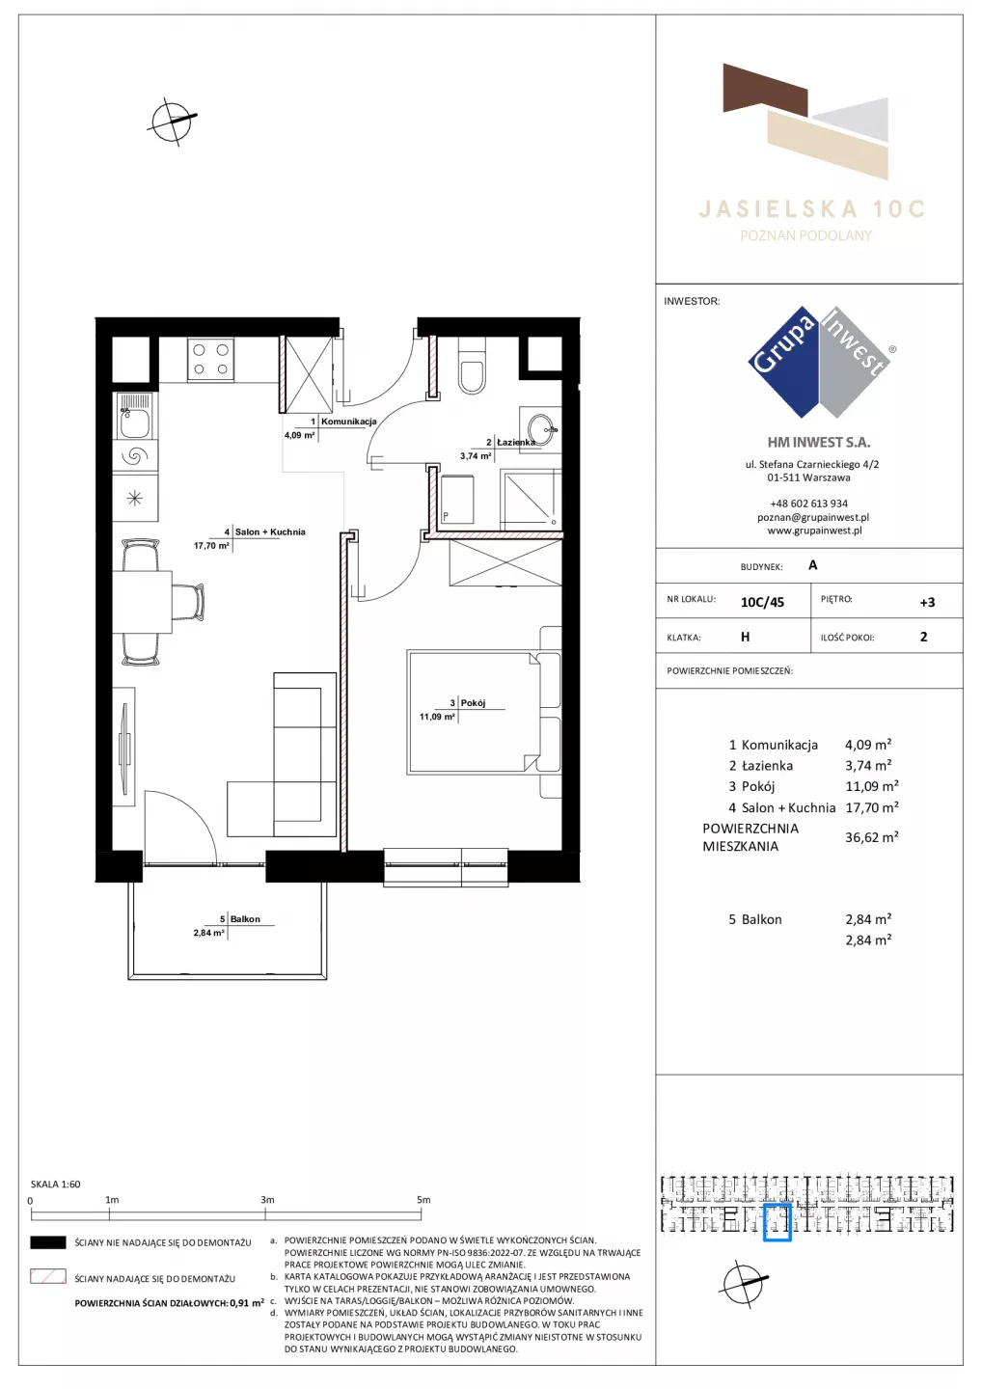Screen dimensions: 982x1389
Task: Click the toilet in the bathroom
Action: [473, 368]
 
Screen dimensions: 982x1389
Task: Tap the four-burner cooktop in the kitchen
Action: [211, 360]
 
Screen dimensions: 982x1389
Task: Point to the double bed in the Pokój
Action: [483, 712]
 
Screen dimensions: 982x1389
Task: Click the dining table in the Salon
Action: [142, 602]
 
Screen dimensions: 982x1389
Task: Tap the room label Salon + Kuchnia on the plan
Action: [270, 532]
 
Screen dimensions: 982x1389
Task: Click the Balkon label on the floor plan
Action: [245, 919]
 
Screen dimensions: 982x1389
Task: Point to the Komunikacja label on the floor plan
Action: [349, 422]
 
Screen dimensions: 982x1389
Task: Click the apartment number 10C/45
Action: [762, 602]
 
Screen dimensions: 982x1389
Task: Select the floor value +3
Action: [927, 602]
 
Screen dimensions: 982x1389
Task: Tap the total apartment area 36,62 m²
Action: [872, 837]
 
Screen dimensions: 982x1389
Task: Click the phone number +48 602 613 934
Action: [809, 504]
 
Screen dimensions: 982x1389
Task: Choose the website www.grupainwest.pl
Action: [814, 531]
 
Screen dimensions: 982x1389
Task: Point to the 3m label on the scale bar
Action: [267, 1200]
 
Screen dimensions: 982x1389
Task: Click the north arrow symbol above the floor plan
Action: [172, 122]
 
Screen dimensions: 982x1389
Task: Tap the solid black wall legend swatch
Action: [47, 1242]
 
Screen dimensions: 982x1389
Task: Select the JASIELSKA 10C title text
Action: [812, 209]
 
